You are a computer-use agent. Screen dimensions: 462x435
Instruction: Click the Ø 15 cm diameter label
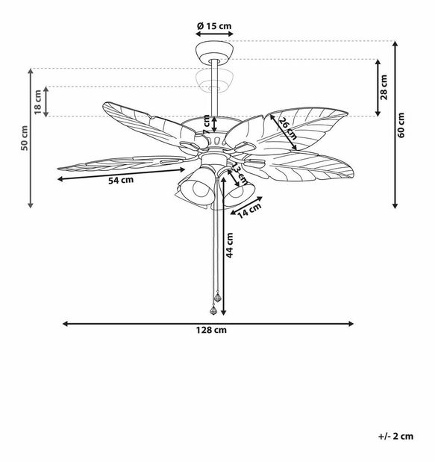(214, 26)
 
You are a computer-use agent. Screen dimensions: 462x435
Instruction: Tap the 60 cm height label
(401, 123)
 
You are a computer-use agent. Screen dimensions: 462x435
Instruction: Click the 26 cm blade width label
(288, 129)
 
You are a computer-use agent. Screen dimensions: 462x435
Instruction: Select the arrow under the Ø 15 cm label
(214, 34)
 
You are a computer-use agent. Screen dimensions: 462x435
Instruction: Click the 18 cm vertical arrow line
(47, 102)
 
